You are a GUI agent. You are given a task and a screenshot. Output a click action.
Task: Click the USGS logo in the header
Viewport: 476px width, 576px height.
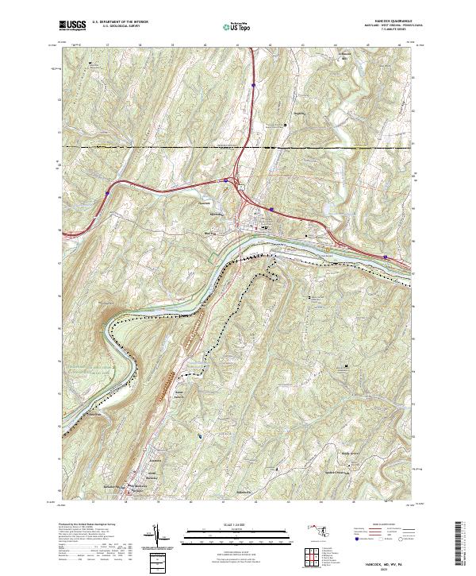72,26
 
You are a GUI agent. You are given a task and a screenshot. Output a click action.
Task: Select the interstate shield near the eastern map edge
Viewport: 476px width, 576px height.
386,257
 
